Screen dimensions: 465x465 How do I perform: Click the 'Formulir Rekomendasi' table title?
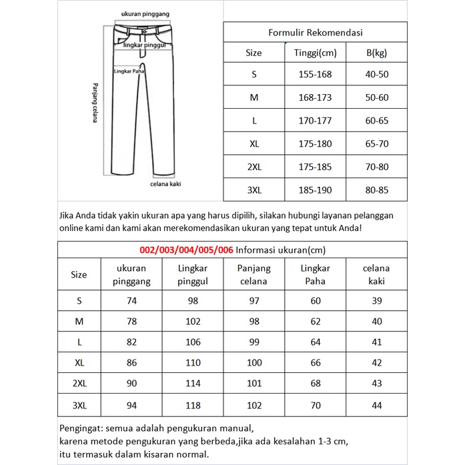pos(315,32)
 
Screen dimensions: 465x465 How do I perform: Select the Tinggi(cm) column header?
pos(316,53)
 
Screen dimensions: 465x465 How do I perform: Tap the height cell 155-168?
pos(316,75)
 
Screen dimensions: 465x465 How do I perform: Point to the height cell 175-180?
pos(316,144)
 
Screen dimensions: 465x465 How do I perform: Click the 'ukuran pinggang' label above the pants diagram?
pos(145,14)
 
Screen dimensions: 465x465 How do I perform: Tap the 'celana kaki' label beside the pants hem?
pos(165,183)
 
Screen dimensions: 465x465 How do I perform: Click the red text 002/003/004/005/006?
pos(186,250)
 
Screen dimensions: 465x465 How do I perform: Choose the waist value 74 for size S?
pos(131,301)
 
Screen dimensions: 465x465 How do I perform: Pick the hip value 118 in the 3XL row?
pos(193,405)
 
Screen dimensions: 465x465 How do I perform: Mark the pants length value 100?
pos(254,364)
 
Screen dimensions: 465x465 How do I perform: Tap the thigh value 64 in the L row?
pos(316,343)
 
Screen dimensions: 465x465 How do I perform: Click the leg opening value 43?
pos(376,384)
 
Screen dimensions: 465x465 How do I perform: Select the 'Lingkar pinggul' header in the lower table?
pos(193,275)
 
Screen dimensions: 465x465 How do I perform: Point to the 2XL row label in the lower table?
pos(79,384)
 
